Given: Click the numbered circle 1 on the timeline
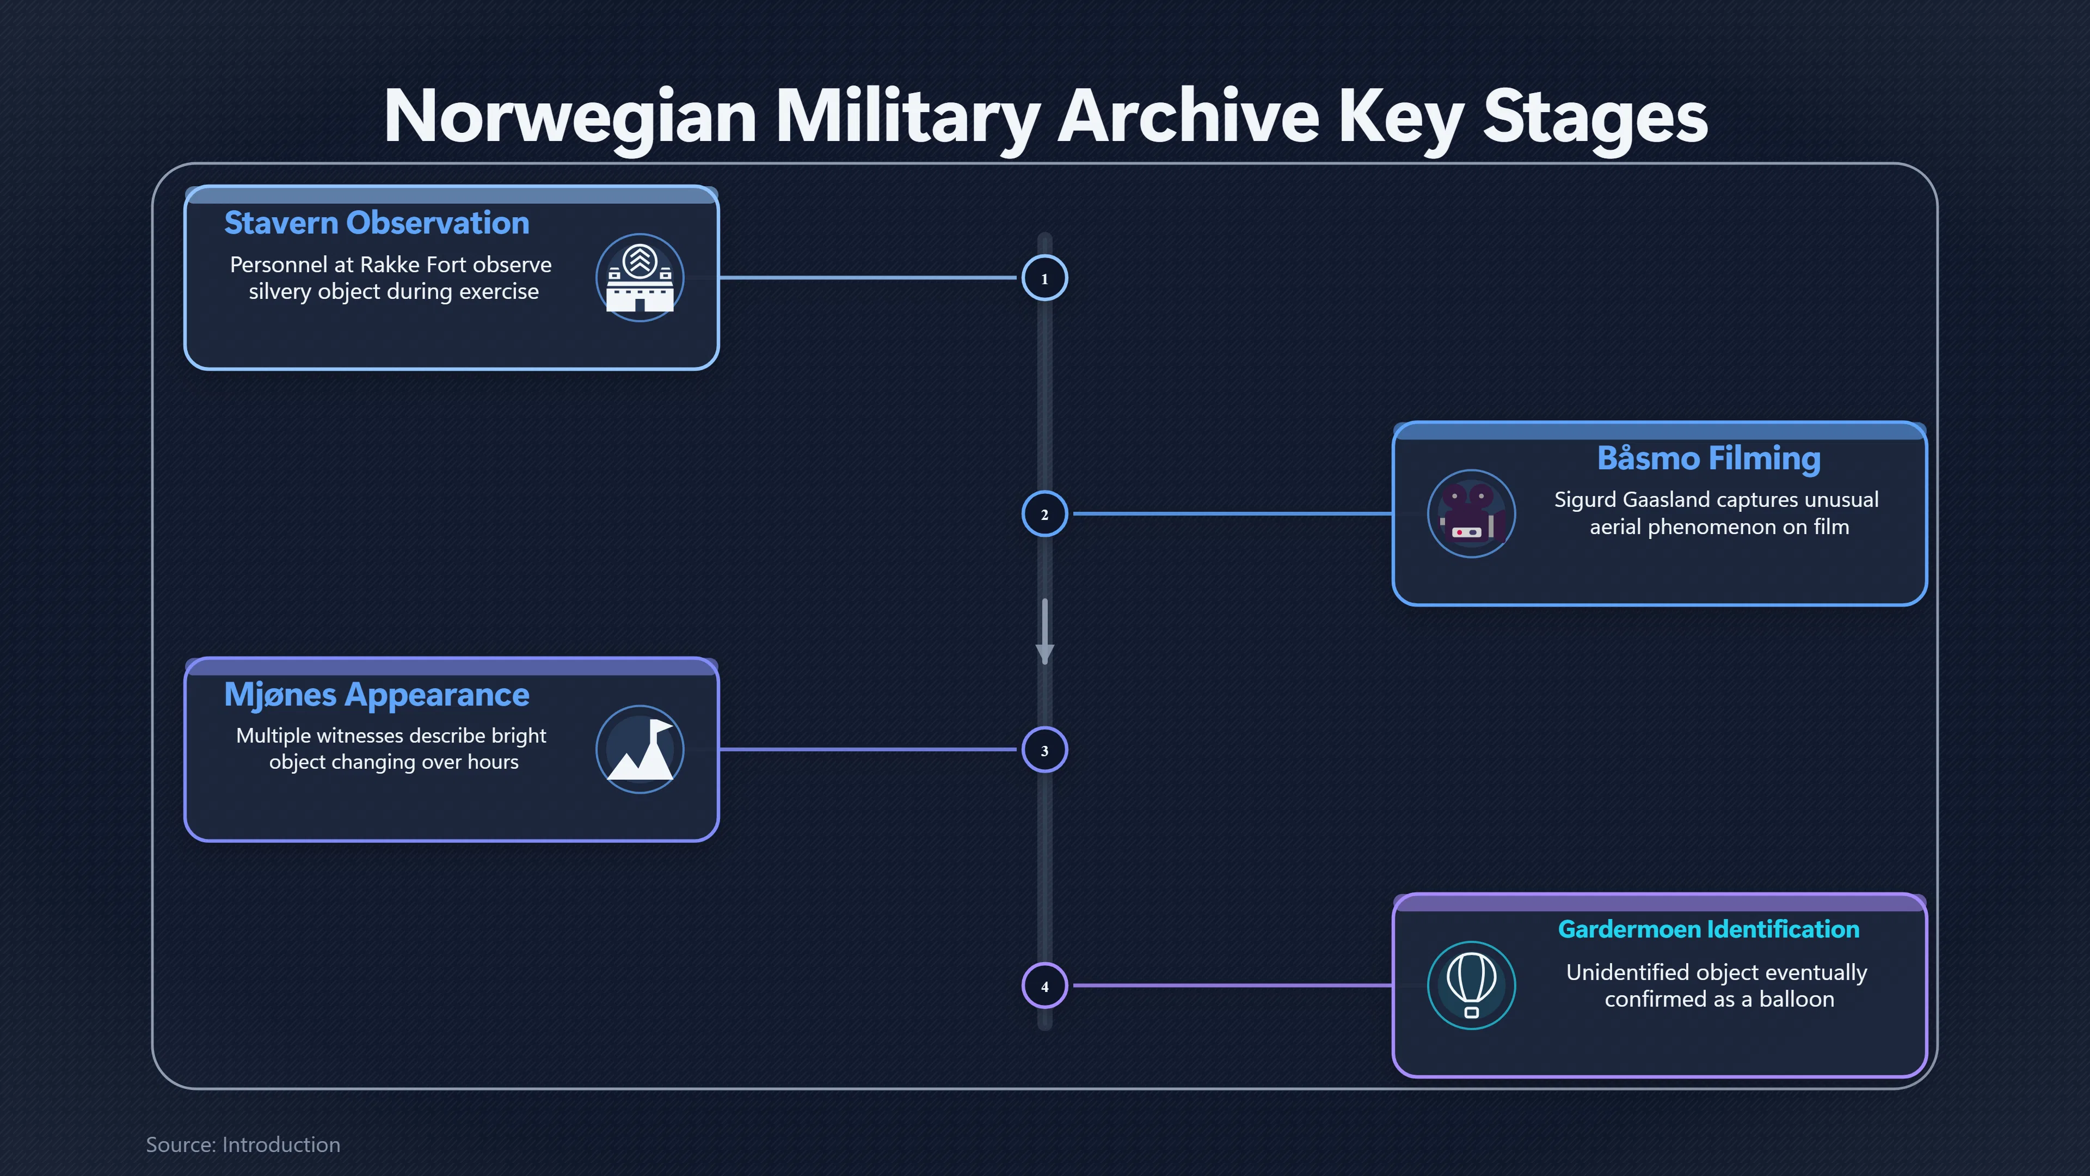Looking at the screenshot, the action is [1044, 278].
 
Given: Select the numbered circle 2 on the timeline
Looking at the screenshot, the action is [1044, 514].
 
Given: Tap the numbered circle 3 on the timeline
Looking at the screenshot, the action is [1044, 750].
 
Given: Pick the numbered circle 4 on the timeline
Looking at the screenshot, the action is [1044, 986].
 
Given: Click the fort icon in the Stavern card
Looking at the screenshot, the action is [640, 278].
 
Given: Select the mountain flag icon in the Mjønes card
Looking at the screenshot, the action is [640, 749].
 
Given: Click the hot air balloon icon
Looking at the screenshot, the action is [1471, 985].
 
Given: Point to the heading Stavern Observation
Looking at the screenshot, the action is [377, 222].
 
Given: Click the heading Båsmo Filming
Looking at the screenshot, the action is [1708, 458].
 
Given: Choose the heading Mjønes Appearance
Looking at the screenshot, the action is [377, 695].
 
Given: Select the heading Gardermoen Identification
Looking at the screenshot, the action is [1708, 929].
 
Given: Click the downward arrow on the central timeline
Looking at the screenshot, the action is [1044, 632].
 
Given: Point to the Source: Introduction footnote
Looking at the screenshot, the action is [243, 1144].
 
